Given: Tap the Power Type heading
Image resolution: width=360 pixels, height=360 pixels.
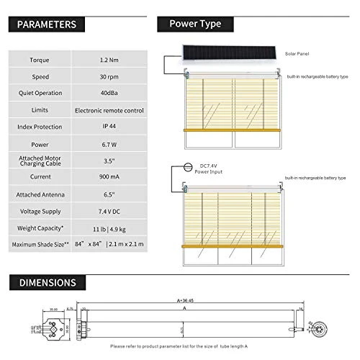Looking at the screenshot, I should point(194,24).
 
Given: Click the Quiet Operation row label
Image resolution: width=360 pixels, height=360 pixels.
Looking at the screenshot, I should point(40,93).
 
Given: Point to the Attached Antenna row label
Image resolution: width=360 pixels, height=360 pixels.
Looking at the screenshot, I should point(40,194).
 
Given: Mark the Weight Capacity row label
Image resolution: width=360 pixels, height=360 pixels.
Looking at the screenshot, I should point(40,228).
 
